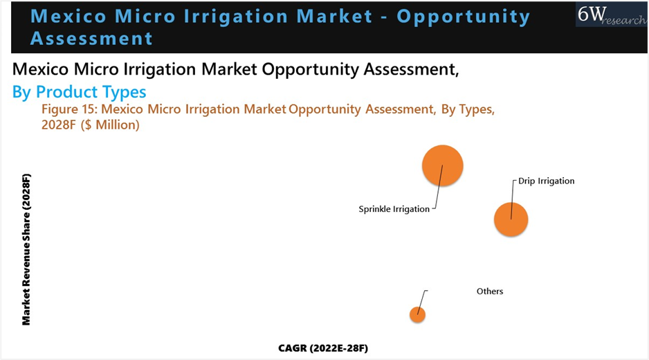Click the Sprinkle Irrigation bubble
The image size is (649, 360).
[x=442, y=165]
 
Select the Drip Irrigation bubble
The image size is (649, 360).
[x=511, y=219]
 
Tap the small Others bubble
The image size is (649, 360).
[x=418, y=315]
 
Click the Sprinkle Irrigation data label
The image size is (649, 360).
[x=394, y=209]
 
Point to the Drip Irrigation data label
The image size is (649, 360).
[x=547, y=181]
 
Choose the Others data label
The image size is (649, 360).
[x=490, y=291]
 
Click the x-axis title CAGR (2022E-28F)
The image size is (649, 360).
[x=323, y=348]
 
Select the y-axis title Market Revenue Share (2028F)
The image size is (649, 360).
[x=26, y=249]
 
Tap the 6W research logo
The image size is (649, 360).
[x=612, y=15]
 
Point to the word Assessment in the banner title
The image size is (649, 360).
[x=91, y=39]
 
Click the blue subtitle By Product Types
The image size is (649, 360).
[x=79, y=92]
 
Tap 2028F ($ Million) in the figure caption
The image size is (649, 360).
[x=90, y=125]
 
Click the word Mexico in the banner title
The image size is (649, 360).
[x=68, y=16]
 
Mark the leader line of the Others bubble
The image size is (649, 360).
[x=422, y=303]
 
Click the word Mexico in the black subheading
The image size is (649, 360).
[x=41, y=69]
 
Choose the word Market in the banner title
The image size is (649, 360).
[x=334, y=16]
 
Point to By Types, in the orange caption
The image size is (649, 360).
[x=468, y=109]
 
